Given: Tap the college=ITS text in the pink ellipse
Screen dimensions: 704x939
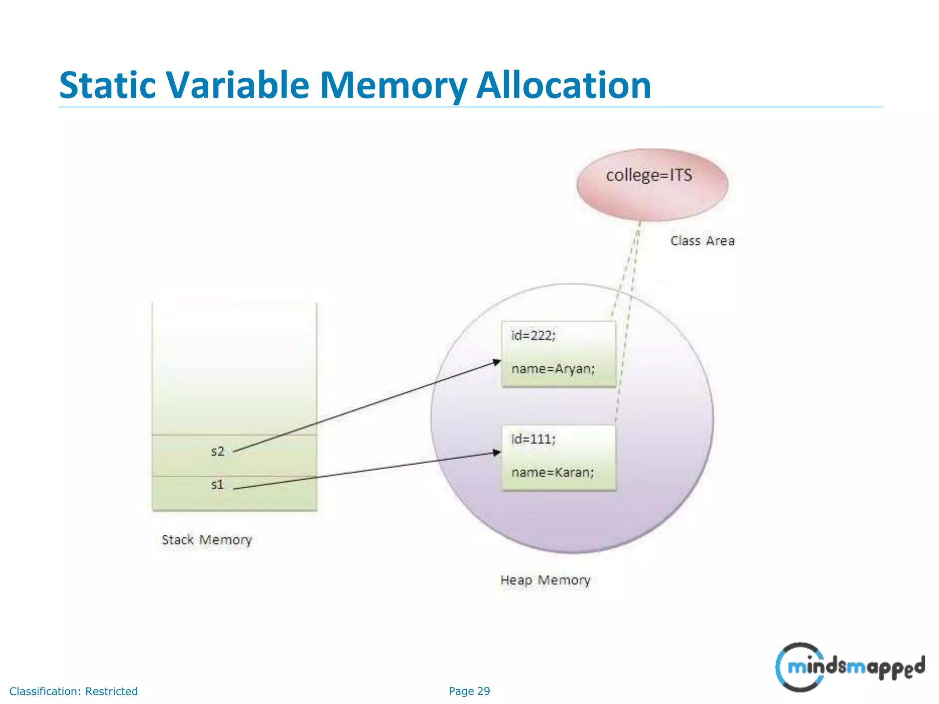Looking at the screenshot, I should pyautogui.click(x=649, y=176).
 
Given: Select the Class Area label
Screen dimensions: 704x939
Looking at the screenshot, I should pyautogui.click(x=702, y=241).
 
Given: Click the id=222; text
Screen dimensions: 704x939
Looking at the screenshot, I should pyautogui.click(x=533, y=335).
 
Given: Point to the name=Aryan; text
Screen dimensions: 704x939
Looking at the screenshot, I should pyautogui.click(x=553, y=369).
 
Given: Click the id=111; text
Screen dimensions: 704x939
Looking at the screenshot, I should pyautogui.click(x=533, y=439).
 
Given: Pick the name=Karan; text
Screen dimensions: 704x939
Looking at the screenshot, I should pyautogui.click(x=552, y=473).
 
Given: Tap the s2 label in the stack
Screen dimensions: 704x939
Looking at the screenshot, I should pyautogui.click(x=218, y=451).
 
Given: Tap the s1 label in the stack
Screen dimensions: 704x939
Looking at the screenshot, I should pyautogui.click(x=218, y=484).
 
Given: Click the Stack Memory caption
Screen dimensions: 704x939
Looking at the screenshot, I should pyautogui.click(x=207, y=540).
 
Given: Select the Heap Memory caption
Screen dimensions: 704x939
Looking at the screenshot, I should pyautogui.click(x=545, y=580).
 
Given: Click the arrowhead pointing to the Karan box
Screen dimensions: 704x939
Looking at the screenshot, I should pyautogui.click(x=497, y=452).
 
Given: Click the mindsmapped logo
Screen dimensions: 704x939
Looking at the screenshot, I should pyautogui.click(x=850, y=667).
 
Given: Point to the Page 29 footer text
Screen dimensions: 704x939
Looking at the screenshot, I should pyautogui.click(x=469, y=691).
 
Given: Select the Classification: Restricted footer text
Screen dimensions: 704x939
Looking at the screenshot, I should pyautogui.click(x=73, y=691).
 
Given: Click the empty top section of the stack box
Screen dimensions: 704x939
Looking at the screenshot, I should pyautogui.click(x=234, y=367).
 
